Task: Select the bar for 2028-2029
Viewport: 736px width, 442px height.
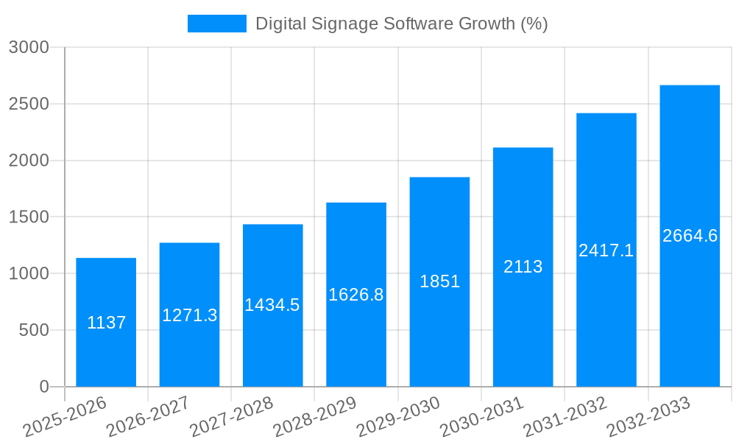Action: pos(356,339)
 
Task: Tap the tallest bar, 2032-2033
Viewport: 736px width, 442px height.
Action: pos(690,309)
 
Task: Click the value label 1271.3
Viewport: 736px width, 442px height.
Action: pos(190,315)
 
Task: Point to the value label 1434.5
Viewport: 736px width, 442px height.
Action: pos(272,305)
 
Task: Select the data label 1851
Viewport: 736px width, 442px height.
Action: pos(439,281)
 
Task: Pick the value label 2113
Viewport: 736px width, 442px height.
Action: pos(523,267)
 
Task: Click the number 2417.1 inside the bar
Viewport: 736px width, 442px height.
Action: pos(606,250)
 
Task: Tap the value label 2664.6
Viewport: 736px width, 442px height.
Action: pos(690,236)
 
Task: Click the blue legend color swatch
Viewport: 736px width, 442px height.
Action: pos(217,24)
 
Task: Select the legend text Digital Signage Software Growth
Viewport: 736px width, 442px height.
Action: pos(401,24)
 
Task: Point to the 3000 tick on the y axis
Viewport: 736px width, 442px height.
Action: pos(29,47)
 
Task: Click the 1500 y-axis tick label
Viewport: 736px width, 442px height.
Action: pos(29,217)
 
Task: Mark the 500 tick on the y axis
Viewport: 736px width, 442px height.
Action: pos(34,330)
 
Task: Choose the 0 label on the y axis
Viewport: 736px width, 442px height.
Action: pos(43,387)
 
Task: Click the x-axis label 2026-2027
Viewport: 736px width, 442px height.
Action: pos(148,417)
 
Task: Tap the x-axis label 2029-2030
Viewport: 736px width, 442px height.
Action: pos(398,417)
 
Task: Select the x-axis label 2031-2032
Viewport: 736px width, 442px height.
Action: pos(565,417)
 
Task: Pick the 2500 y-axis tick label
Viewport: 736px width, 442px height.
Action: pos(29,104)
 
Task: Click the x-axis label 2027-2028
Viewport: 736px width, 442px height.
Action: pos(231,417)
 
